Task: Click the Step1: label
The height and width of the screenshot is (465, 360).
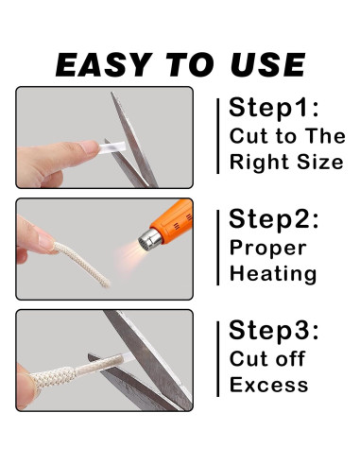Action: (x=272, y=107)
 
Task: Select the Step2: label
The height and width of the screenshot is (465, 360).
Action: (x=274, y=221)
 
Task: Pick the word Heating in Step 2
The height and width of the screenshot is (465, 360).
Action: (x=273, y=275)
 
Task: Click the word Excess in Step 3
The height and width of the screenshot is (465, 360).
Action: (x=269, y=385)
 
